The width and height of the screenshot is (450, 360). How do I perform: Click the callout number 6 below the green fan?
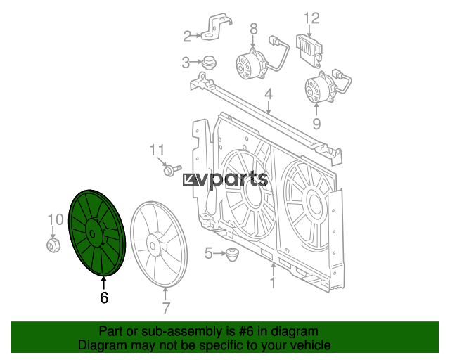104,297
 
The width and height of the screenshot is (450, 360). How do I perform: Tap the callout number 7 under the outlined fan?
166,308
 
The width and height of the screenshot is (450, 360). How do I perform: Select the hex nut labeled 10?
53,245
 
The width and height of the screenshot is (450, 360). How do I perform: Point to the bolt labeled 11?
172,169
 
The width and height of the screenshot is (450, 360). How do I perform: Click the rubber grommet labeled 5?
232,255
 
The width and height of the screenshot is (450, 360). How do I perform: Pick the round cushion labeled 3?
209,63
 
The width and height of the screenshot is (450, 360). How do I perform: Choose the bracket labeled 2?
216,27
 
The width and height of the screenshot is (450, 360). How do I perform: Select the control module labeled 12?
309,50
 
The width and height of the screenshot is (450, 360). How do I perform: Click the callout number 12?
311,18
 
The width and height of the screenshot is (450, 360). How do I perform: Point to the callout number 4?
269,94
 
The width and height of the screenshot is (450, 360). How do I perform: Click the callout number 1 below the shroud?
274,283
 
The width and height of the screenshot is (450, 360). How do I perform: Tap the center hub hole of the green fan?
92,233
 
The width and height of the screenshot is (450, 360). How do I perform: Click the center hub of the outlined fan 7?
153,245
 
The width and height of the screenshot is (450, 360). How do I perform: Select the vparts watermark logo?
226,179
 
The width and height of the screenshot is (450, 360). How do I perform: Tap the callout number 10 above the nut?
56,219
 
